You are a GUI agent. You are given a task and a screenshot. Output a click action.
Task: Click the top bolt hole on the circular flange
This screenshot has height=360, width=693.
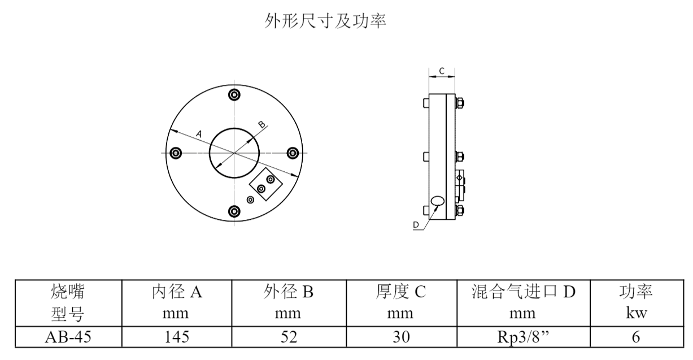pyautogui.click(x=234, y=94)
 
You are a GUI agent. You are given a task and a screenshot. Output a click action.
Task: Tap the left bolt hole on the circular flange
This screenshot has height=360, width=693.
pyautogui.click(x=176, y=153)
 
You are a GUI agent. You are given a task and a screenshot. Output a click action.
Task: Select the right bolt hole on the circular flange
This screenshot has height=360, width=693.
pyautogui.click(x=293, y=153)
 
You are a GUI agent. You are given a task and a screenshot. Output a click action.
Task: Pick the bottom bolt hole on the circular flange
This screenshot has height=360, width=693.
pyautogui.click(x=234, y=211)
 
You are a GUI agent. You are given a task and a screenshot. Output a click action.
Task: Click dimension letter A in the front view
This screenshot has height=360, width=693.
pyautogui.click(x=199, y=133)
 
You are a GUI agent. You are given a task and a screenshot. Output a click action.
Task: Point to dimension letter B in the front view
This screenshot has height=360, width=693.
pyautogui.click(x=261, y=124)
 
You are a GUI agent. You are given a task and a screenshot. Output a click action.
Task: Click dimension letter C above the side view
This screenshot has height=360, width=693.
pyautogui.click(x=442, y=71)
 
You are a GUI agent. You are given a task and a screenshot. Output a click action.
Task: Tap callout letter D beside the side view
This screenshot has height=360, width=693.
pyautogui.click(x=416, y=225)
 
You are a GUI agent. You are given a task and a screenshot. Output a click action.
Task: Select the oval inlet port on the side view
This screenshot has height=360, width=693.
pyautogui.click(x=438, y=201)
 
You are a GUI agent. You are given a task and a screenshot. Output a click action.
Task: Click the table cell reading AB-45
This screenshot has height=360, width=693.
pyautogui.click(x=68, y=337)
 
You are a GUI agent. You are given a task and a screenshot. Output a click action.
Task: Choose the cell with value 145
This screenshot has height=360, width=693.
pyautogui.click(x=177, y=337)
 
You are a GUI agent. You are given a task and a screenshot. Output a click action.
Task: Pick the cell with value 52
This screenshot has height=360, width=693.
pyautogui.click(x=288, y=337)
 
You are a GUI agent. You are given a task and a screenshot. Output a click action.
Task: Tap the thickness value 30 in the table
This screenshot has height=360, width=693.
pyautogui.click(x=400, y=337)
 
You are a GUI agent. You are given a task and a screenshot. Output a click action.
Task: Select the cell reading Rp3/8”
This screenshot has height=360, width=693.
pyautogui.click(x=523, y=337)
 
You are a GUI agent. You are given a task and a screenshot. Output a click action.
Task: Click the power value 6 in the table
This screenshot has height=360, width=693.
pyautogui.click(x=635, y=337)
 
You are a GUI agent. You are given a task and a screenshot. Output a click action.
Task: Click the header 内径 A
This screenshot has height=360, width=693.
pyautogui.click(x=177, y=292)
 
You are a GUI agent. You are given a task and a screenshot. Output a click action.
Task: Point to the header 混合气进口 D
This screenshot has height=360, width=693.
pyautogui.click(x=523, y=292)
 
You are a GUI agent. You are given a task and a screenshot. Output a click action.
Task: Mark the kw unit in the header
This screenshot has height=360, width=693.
pyautogui.click(x=635, y=313)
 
